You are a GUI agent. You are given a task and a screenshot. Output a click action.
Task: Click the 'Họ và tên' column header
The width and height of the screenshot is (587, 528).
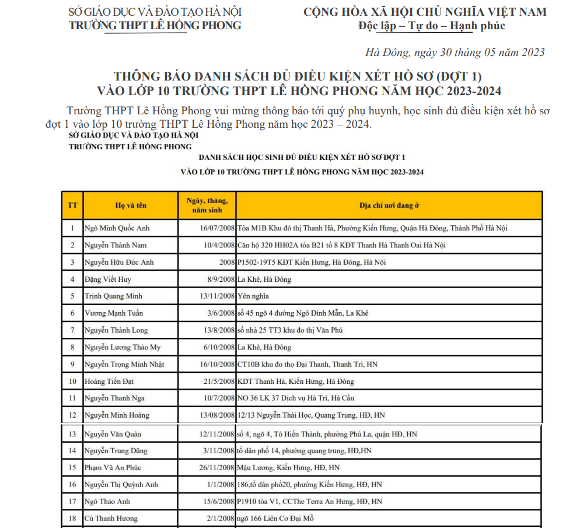131,205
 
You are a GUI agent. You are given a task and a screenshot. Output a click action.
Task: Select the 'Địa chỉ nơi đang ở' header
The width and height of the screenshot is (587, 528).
389,205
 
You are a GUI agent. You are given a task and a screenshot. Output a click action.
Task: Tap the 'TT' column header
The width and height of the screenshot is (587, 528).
72,205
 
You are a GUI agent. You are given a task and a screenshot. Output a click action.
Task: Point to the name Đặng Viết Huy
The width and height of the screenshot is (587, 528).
108,279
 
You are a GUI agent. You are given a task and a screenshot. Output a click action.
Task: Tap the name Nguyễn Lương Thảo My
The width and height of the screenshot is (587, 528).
123,347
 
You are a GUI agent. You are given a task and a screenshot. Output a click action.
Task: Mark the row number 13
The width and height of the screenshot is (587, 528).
72,434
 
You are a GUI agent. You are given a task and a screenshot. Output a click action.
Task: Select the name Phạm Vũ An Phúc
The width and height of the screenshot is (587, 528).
113,468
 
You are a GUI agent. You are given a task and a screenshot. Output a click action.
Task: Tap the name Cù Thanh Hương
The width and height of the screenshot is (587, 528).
111,519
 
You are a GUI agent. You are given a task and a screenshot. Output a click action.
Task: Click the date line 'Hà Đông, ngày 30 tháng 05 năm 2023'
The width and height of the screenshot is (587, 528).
455,53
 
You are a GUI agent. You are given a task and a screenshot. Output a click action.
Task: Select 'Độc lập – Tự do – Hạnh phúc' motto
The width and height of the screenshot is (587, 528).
432,26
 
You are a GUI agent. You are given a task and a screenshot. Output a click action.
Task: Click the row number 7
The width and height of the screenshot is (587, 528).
72,330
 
